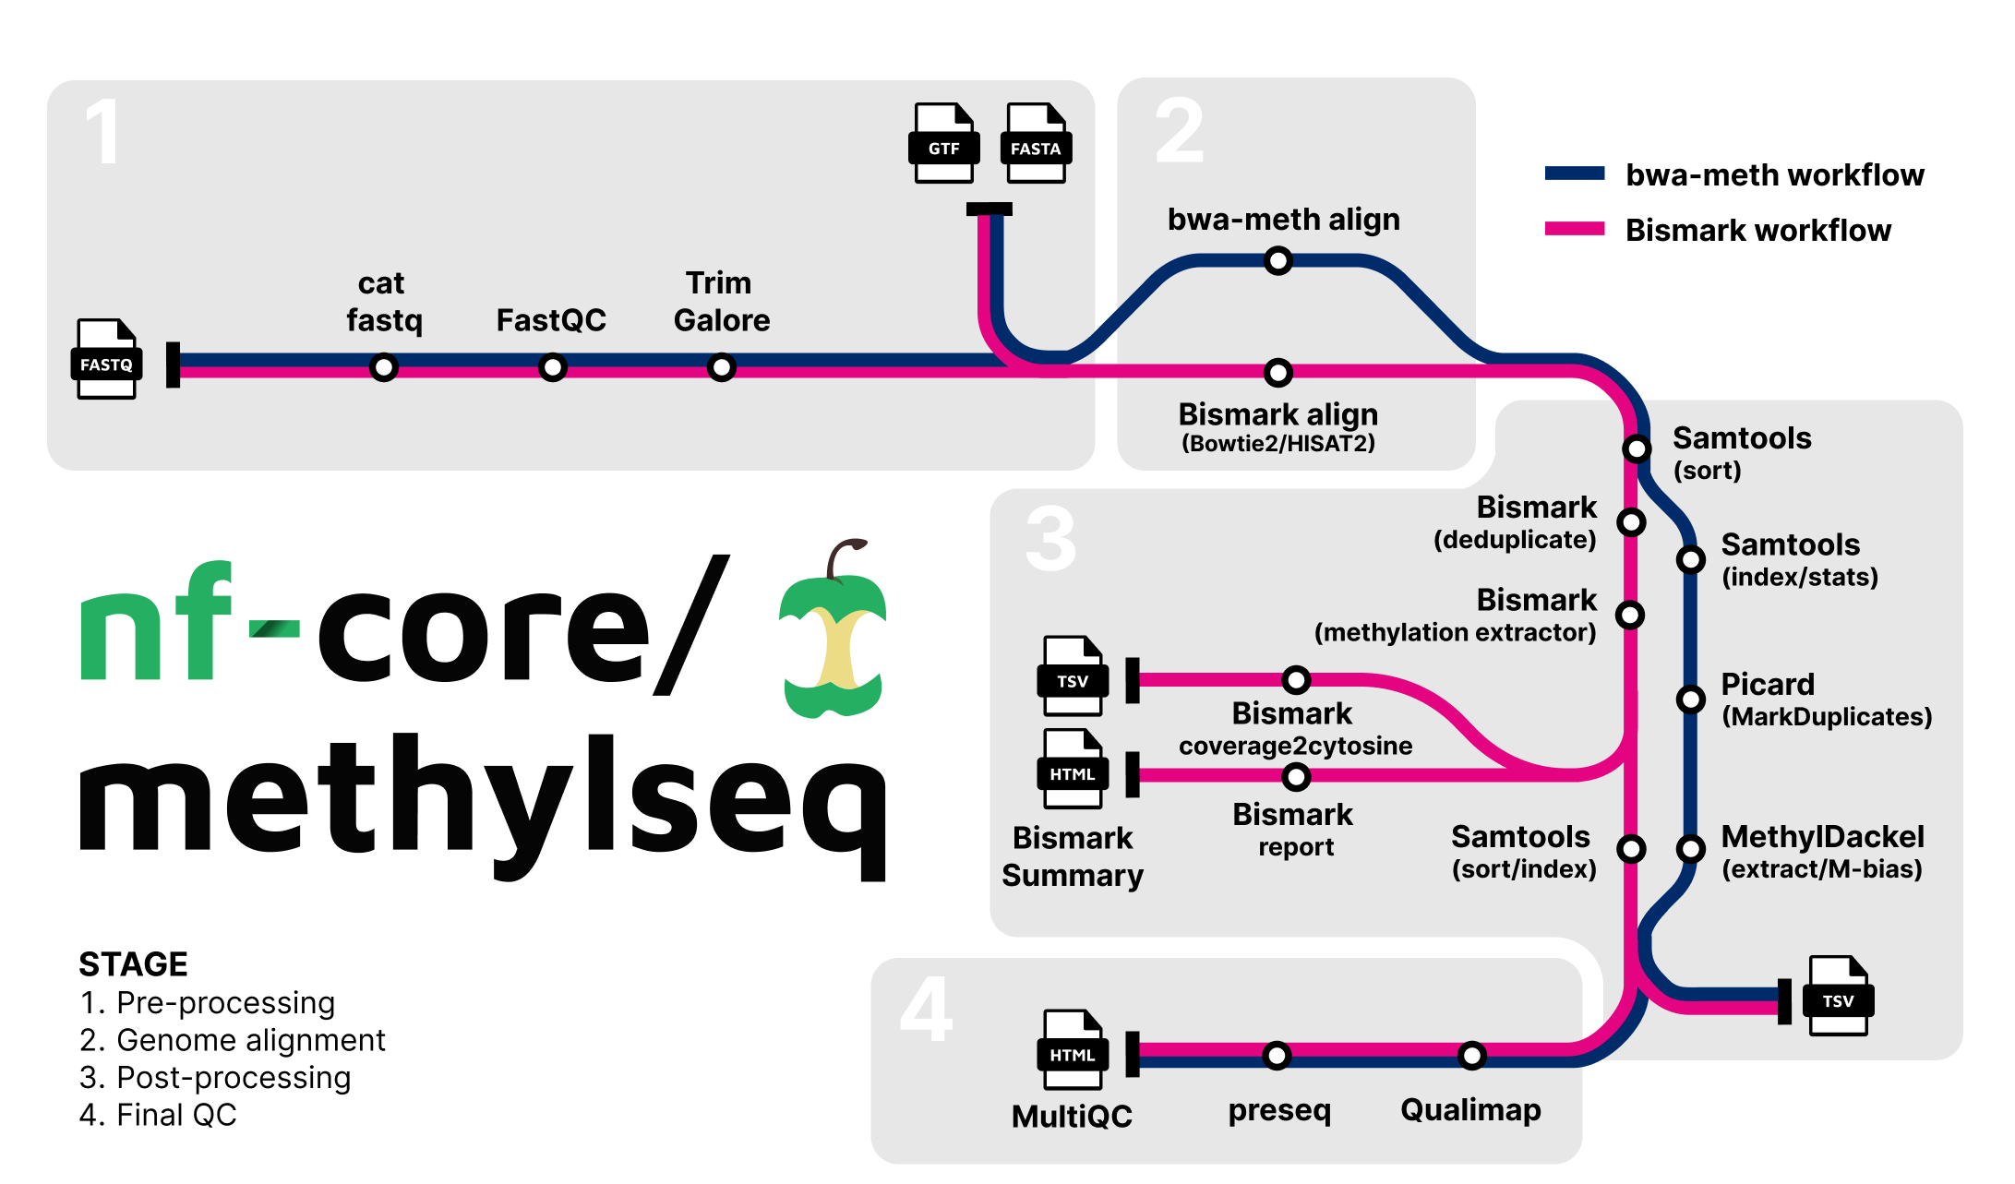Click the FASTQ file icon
(x=106, y=359)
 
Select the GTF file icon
(x=943, y=143)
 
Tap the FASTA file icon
(x=1036, y=143)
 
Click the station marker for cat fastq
(x=383, y=367)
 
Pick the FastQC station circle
(x=552, y=367)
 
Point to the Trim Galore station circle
(x=721, y=367)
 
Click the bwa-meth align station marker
(x=1277, y=261)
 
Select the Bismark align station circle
(x=1277, y=373)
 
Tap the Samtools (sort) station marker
(x=1637, y=448)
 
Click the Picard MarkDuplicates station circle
(x=1690, y=700)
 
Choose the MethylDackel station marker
(x=1690, y=848)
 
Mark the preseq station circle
(x=1277, y=1055)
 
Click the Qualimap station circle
(x=1471, y=1055)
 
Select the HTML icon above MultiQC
(x=1072, y=1050)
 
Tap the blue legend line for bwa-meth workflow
(x=1575, y=173)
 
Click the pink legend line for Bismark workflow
(x=1575, y=229)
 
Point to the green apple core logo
(x=833, y=637)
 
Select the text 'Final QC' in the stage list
(x=176, y=1115)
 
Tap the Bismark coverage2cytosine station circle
(x=1296, y=681)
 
